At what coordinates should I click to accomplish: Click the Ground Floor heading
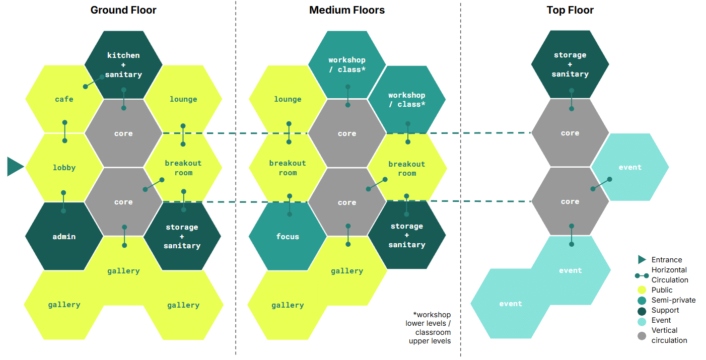coord(123,10)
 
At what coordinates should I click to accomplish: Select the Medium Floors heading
coord(347,10)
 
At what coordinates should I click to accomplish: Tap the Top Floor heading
coord(570,10)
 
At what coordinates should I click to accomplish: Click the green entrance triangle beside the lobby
coord(15,167)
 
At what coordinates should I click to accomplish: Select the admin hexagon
coord(64,237)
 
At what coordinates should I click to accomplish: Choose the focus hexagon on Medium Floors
coord(288,237)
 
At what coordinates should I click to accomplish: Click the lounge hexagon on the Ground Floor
coord(183,99)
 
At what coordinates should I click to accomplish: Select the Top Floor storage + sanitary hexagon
coord(570,64)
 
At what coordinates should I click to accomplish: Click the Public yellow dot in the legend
coord(642,290)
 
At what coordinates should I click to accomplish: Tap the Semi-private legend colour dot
coord(642,300)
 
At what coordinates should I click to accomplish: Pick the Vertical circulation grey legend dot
coord(642,335)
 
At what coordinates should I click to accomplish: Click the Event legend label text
coord(661,320)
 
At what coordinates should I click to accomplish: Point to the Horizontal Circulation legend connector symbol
coord(642,275)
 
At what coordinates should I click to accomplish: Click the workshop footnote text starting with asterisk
coord(428,328)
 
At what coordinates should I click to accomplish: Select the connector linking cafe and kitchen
coord(94,82)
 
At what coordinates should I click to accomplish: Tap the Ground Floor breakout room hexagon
coord(183,168)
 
